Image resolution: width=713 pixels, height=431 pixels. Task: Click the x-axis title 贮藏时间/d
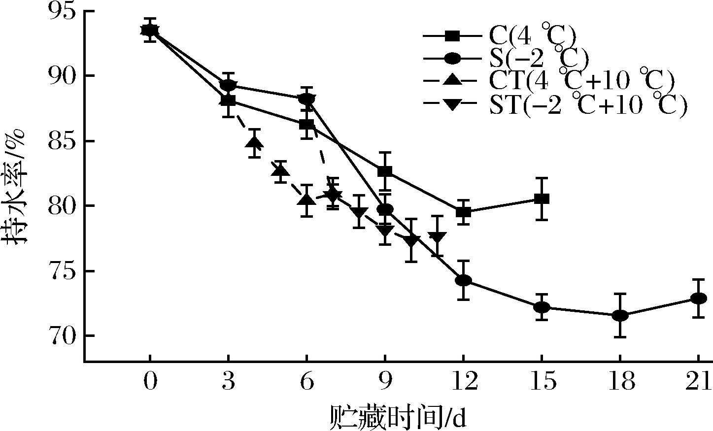tap(397, 418)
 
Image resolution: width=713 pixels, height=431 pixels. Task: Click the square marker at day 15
tap(542, 199)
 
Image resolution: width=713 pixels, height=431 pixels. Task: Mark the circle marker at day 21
tap(698, 298)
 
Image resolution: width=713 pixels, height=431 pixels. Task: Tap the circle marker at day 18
tap(620, 316)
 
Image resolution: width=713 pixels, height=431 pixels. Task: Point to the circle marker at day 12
tap(463, 280)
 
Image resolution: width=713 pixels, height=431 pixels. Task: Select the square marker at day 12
tap(463, 212)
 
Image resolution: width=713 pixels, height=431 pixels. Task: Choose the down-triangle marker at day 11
tap(437, 237)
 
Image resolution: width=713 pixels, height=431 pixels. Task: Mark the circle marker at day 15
tap(542, 307)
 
